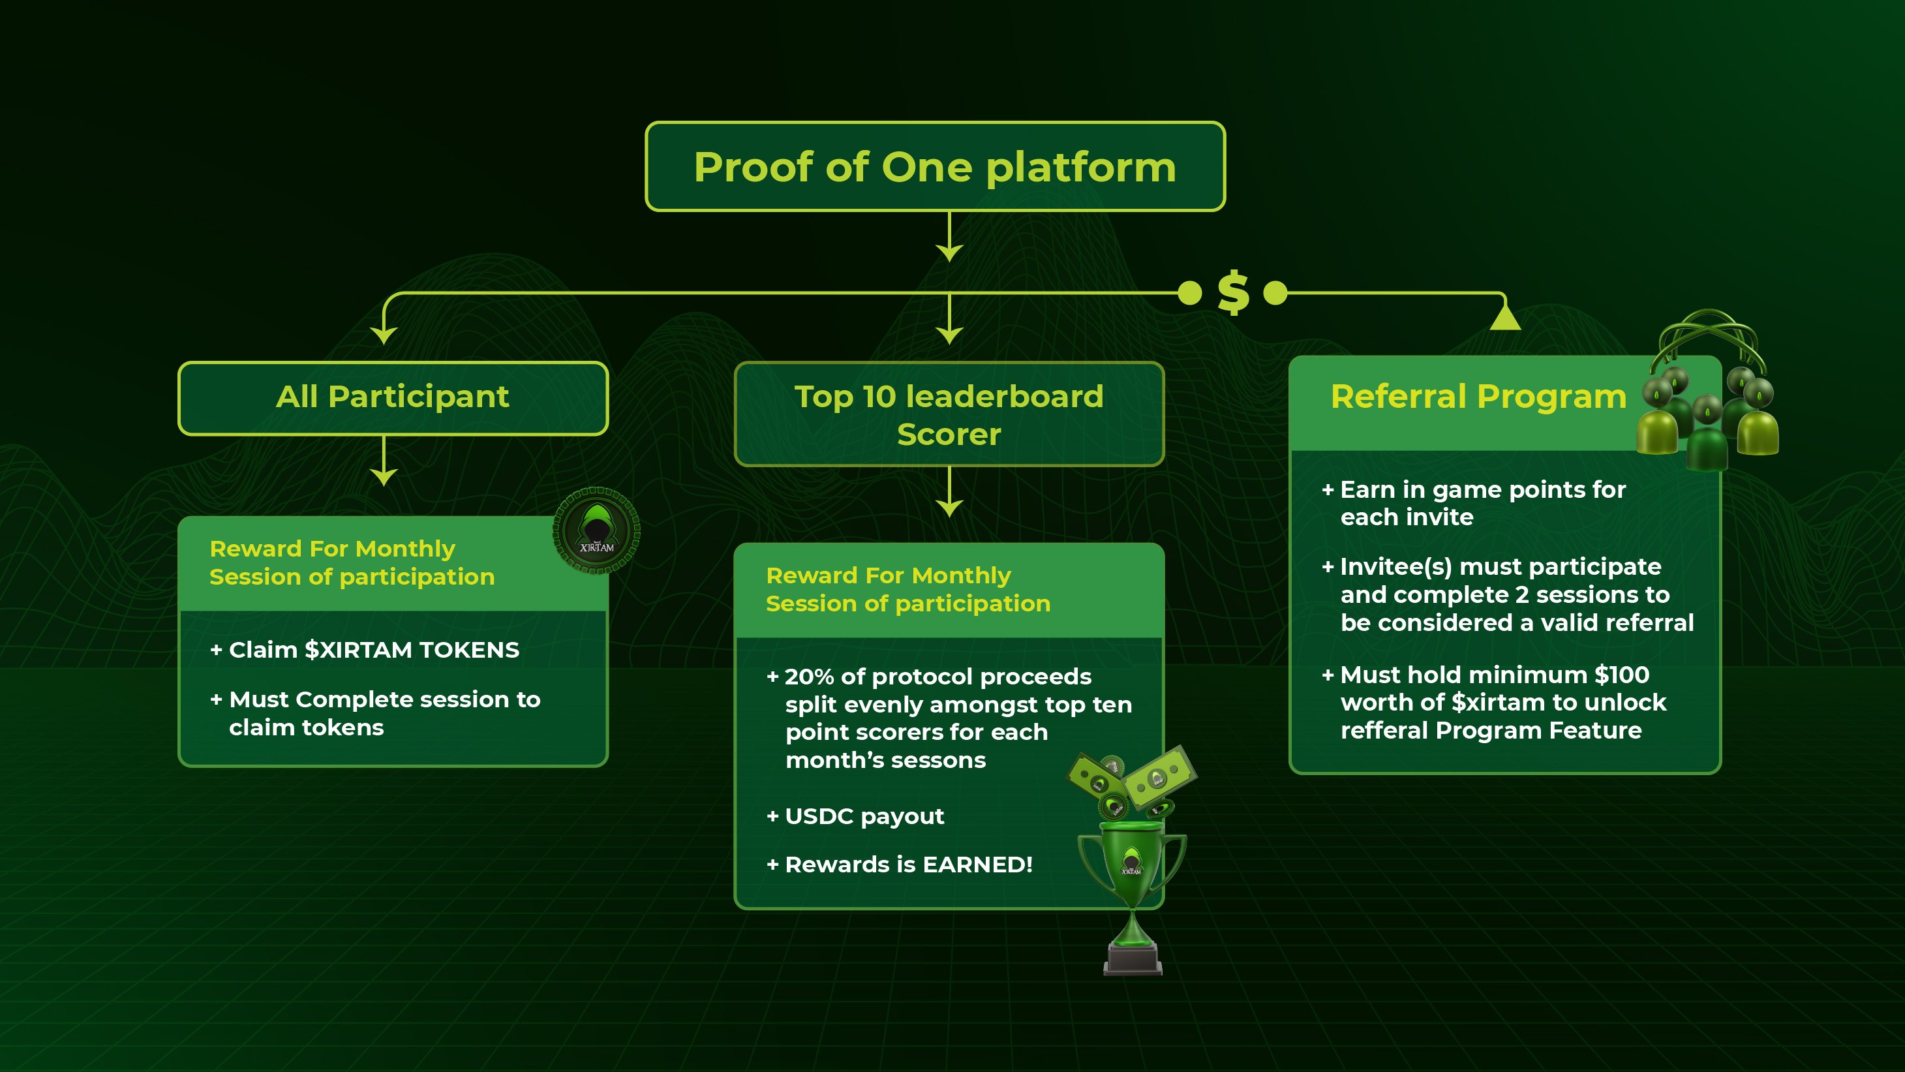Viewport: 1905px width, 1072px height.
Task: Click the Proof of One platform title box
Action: (935, 166)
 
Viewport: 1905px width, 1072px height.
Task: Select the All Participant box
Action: (393, 398)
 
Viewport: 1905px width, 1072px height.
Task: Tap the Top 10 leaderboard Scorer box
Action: (949, 414)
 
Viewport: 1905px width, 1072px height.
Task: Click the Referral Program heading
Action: (1478, 397)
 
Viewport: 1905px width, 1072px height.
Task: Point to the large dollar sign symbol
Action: (1233, 293)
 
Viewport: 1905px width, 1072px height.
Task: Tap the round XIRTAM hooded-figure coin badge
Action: (596, 530)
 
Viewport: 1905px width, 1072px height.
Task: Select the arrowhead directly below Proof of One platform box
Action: (949, 253)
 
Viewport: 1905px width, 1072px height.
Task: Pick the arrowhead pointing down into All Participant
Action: (384, 335)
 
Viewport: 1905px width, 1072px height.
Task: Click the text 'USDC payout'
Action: (864, 816)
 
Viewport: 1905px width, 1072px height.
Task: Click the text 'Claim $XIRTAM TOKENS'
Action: (373, 650)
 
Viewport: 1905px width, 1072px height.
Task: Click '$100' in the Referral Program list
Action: (1621, 675)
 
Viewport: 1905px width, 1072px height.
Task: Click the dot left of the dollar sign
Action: (1189, 293)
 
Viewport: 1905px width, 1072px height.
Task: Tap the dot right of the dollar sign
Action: (1275, 293)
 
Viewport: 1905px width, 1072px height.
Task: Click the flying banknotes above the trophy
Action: (1131, 780)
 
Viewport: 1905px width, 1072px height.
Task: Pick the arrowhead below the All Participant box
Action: (384, 477)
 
